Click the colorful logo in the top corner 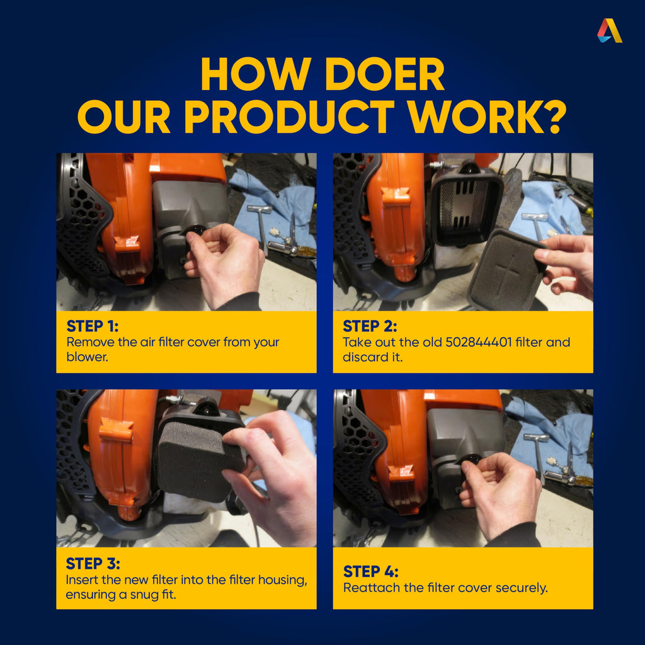(x=610, y=30)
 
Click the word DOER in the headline (x=385, y=74)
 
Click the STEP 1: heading (x=93, y=326)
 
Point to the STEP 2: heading (x=370, y=326)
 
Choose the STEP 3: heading (x=93, y=564)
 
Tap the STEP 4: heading (x=370, y=571)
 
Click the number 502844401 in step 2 (x=479, y=342)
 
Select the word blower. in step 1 (x=87, y=357)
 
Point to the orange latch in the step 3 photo (x=117, y=429)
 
